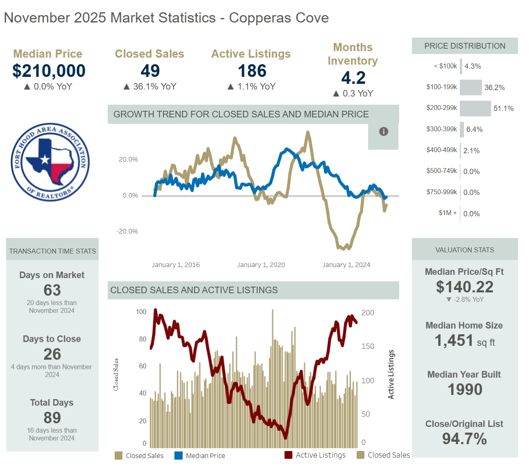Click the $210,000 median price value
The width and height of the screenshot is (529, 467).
(49, 71)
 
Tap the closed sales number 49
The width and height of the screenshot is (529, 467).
(150, 71)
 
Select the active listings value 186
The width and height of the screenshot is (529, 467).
(252, 71)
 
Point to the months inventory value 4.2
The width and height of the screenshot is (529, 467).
(353, 78)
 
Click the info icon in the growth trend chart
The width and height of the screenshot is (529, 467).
(383, 131)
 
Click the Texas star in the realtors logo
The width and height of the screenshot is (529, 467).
(44, 159)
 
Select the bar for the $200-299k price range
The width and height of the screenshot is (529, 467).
(475, 108)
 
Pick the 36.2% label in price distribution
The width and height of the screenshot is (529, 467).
(494, 88)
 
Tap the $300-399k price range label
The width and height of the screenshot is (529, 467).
(441, 129)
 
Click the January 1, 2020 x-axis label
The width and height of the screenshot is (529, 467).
(261, 265)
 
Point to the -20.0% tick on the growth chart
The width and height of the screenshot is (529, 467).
(128, 231)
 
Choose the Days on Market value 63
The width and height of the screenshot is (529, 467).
(52, 290)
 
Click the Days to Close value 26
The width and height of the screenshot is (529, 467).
(52, 354)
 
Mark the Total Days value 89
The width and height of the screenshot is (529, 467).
(52, 418)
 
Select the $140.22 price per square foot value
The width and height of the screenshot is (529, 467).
(464, 287)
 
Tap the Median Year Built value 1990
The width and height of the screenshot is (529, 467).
(465, 389)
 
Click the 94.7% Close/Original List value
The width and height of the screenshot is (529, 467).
(464, 439)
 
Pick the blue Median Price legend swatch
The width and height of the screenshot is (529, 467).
(179, 456)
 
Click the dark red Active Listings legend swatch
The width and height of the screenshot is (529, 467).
(288, 455)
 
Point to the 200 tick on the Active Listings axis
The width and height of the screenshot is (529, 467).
(367, 313)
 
